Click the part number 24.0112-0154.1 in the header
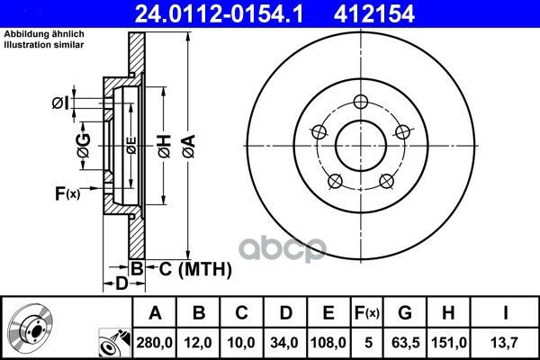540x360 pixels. point(219,14)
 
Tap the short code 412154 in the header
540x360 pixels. point(374,14)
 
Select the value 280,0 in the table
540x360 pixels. point(154,343)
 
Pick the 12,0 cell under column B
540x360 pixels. point(198,343)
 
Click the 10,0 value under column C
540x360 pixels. point(241,343)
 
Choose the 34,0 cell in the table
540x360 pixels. point(284,343)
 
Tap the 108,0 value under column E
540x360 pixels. point(328,343)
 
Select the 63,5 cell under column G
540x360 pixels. point(405,343)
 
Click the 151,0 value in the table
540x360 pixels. point(449,343)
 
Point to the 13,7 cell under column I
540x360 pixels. point(505,343)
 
